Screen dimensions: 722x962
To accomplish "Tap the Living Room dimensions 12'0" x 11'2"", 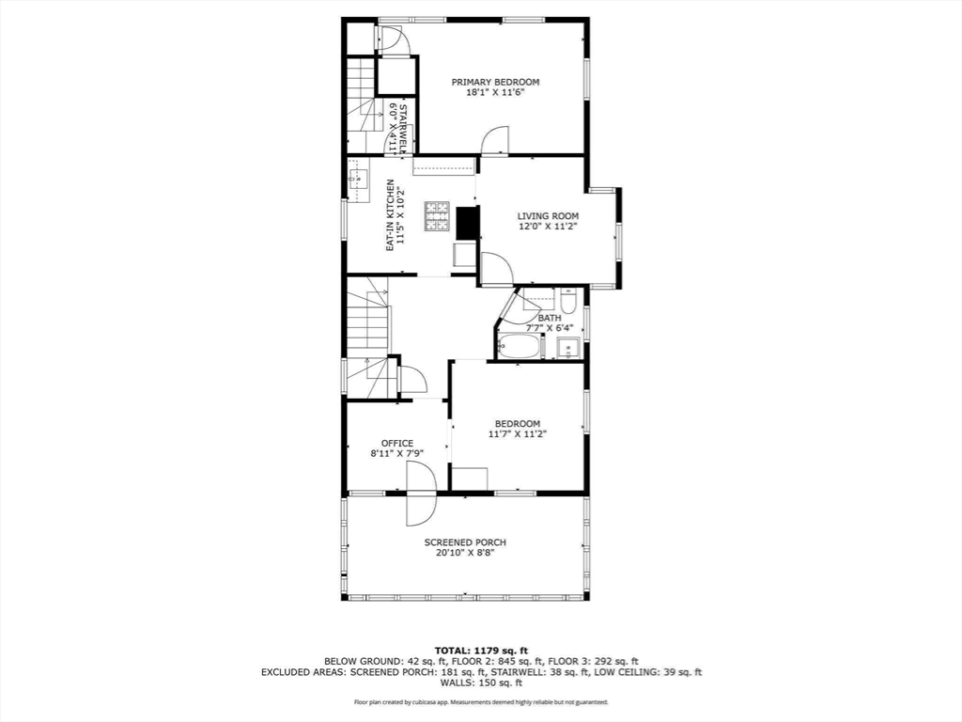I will click(x=548, y=227).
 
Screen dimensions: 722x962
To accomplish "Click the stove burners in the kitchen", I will click(x=438, y=216).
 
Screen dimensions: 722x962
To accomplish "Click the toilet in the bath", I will click(x=568, y=303).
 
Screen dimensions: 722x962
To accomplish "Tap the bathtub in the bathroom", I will click(x=519, y=346).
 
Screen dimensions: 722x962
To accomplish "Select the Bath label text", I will click(x=550, y=318).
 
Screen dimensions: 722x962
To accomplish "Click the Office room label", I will click(x=396, y=443).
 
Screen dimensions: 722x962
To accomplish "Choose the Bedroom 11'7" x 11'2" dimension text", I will click(x=517, y=434).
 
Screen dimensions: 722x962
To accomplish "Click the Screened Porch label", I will click(x=465, y=542).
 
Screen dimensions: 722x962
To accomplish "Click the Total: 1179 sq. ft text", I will click(x=481, y=651).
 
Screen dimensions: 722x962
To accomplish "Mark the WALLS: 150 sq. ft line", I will click(x=481, y=683).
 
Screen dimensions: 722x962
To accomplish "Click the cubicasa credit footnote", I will click(x=481, y=702).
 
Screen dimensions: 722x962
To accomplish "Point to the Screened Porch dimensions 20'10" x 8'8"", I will click(x=465, y=554).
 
